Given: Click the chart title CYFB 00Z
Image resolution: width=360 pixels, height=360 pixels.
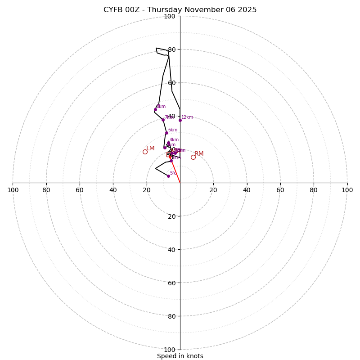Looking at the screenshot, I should [180, 10].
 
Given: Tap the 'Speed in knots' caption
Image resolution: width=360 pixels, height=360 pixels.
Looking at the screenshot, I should [180, 356].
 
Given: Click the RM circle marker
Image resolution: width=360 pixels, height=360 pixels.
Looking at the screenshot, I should [193, 157].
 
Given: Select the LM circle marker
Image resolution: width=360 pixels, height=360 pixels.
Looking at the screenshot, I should [145, 152].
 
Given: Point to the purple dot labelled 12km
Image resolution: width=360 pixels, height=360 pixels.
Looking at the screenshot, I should [180, 120].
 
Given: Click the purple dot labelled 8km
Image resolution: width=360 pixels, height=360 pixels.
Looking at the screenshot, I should [155, 109].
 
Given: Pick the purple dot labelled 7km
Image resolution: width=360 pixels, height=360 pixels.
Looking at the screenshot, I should [163, 120].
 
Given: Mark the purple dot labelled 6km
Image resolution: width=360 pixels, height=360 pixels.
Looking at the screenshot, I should [166, 133].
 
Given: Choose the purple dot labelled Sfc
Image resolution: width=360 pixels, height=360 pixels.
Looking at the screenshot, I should [168, 176].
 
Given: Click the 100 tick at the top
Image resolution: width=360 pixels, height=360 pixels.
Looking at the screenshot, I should [169, 16].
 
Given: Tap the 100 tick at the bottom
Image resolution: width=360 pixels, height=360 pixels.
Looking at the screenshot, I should [169, 350].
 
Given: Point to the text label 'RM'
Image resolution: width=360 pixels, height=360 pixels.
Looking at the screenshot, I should [199, 154].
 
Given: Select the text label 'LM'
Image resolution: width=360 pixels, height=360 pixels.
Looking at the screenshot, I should [150, 148].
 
